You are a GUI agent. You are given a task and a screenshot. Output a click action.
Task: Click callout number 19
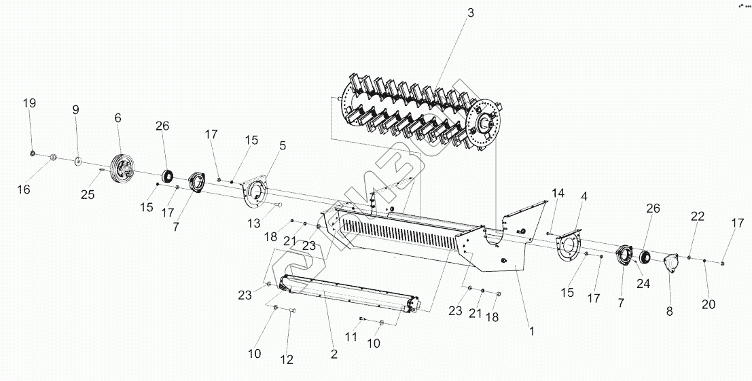[x=29, y=103]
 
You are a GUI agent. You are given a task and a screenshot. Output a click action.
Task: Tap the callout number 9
[x=75, y=109]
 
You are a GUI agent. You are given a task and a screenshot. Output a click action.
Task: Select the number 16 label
[x=24, y=189]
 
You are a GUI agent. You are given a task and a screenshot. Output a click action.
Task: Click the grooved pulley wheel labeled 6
[x=122, y=168]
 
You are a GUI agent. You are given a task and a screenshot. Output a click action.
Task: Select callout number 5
[x=283, y=145]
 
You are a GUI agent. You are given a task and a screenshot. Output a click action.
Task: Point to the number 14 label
[x=558, y=194]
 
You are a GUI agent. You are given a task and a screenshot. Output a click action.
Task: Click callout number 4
[x=584, y=196]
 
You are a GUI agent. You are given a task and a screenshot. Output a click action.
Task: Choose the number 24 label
[x=643, y=283]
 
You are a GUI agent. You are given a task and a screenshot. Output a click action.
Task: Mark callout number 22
[x=697, y=216]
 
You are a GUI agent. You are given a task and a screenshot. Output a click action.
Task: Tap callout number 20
[x=709, y=304]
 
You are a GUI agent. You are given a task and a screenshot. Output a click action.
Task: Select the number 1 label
[x=532, y=332]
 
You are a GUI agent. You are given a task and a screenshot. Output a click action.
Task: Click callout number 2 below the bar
[x=334, y=353]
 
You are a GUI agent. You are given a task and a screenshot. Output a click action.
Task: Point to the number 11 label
[x=351, y=337]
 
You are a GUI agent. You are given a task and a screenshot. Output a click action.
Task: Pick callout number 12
[x=287, y=359]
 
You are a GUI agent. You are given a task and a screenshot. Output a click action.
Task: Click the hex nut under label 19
[x=33, y=151]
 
